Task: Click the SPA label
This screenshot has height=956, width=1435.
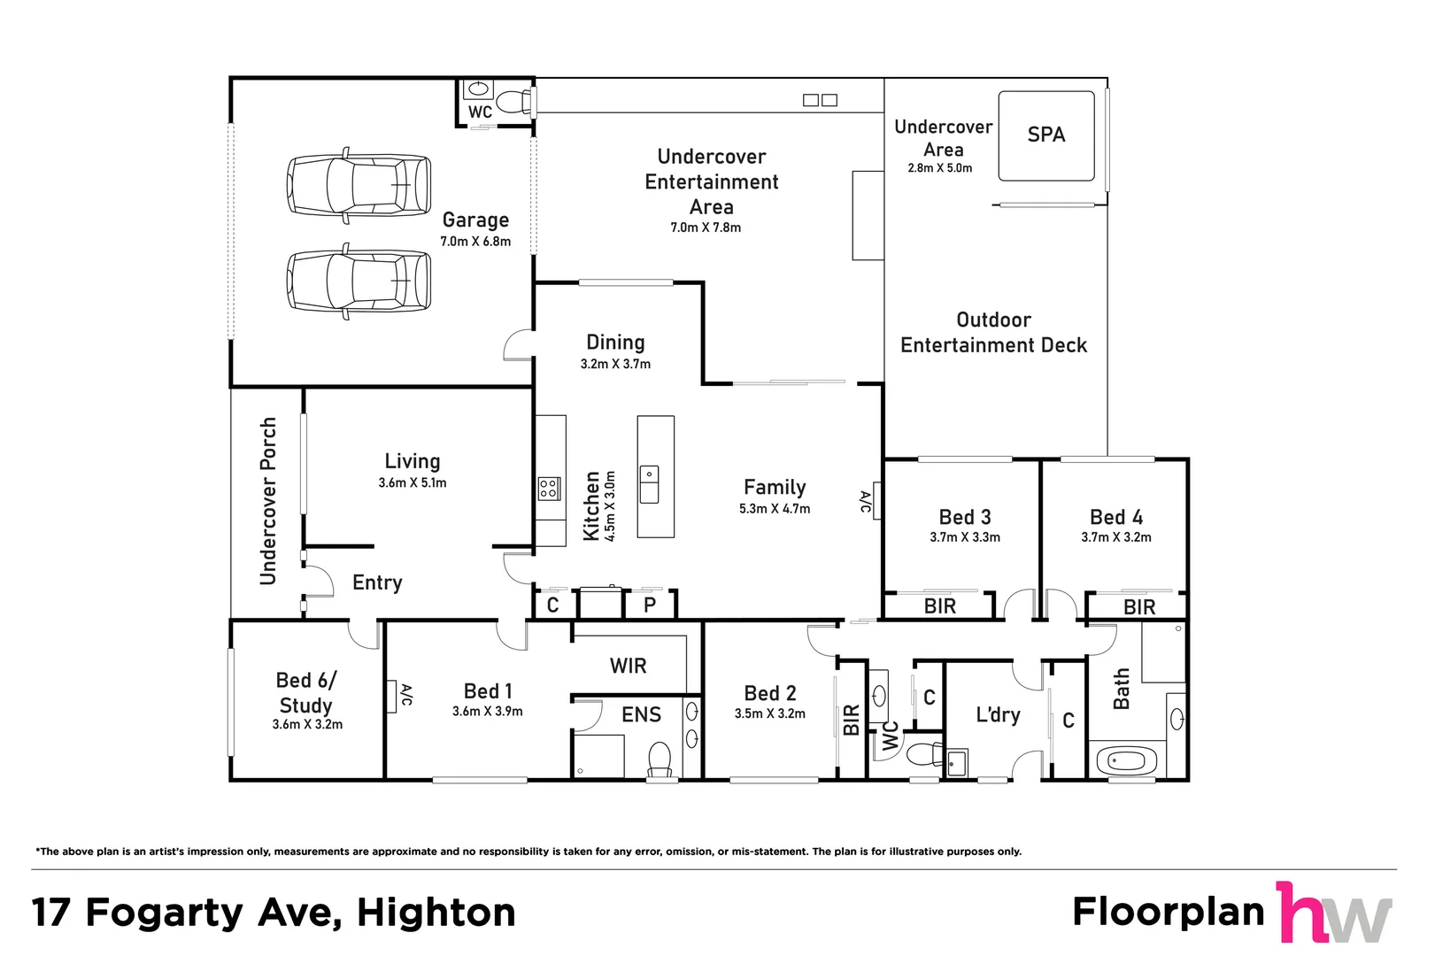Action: (1045, 135)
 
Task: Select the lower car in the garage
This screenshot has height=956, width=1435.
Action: (359, 281)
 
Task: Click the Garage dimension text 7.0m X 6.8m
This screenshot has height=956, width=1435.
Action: (475, 242)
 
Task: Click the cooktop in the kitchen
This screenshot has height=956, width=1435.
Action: (549, 488)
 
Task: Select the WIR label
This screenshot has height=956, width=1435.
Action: (628, 666)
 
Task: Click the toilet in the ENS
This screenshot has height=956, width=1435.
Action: (660, 759)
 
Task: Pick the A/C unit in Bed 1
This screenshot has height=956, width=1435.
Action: (391, 696)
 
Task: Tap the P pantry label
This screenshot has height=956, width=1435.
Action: (650, 605)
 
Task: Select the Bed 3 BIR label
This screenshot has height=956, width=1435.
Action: (939, 606)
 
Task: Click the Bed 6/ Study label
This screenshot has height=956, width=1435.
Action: (306, 693)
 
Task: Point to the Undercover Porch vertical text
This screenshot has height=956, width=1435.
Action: (268, 501)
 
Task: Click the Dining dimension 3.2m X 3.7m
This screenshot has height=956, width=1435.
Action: (615, 364)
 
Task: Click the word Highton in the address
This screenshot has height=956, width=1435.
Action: (436, 913)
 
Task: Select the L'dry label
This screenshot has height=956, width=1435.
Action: (998, 714)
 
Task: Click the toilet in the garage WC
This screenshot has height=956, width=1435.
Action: (512, 102)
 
